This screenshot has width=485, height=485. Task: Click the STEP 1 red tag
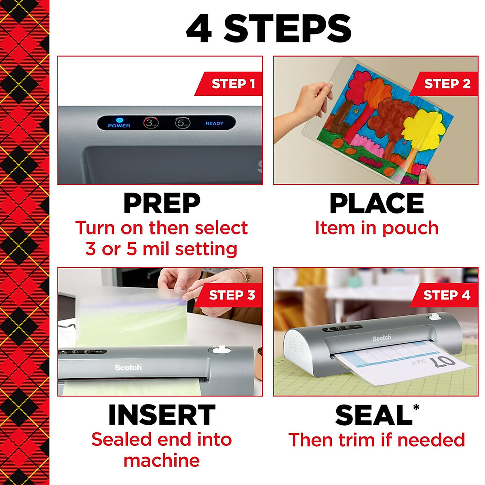point(232,84)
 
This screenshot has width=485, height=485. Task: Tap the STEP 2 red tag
point(447,84)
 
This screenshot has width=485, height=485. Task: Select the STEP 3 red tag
point(232,295)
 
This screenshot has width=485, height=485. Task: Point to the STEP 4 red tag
point(446,295)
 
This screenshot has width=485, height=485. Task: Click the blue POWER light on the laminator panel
point(119,120)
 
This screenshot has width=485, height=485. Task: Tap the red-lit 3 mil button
point(151,123)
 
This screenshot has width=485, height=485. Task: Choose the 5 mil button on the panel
point(182,123)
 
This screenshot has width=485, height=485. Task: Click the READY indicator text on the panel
point(214,123)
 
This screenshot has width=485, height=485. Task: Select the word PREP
point(162,203)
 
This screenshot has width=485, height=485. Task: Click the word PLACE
point(377,203)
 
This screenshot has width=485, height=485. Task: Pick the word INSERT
point(162,415)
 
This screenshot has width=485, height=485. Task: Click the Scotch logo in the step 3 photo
point(128,367)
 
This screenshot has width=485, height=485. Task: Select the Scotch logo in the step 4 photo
point(382,337)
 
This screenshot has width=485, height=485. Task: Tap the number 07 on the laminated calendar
point(442,361)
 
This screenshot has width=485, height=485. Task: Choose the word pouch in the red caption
point(410,229)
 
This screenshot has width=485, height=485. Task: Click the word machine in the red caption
point(162,461)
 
